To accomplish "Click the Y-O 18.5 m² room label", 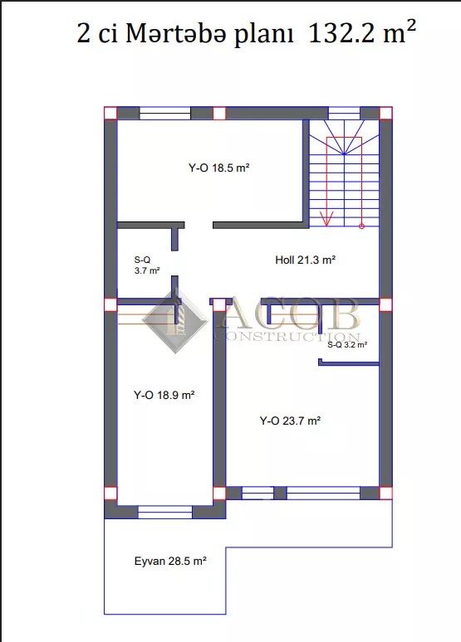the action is pyautogui.click(x=219, y=168).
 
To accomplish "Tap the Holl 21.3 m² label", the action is pyautogui.click(x=306, y=260).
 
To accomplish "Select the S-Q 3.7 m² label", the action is pyautogui.click(x=147, y=265).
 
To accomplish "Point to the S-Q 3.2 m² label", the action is pyautogui.click(x=347, y=345).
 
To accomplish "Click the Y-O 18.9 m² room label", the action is pyautogui.click(x=164, y=395).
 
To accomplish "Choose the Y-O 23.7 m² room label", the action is pyautogui.click(x=290, y=421).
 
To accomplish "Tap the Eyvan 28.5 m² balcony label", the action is pyautogui.click(x=170, y=561).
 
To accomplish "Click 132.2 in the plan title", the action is pyautogui.click(x=341, y=32).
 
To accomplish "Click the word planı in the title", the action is pyautogui.click(x=263, y=34).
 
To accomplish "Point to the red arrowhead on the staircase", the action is pyautogui.click(x=326, y=219).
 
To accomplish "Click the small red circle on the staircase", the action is pyautogui.click(x=361, y=226).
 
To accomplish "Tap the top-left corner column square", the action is pyautogui.click(x=110, y=113).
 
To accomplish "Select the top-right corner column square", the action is pyautogui.click(x=385, y=113).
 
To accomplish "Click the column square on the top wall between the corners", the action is pyautogui.click(x=219, y=113).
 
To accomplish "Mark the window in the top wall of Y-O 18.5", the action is pyautogui.click(x=164, y=114).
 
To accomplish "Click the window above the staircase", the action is pyautogui.click(x=344, y=114).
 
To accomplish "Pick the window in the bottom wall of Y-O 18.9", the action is pyautogui.click(x=164, y=513).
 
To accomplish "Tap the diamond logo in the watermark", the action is pyautogui.click(x=175, y=319).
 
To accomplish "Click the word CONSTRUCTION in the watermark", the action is pyautogui.click(x=288, y=337).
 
